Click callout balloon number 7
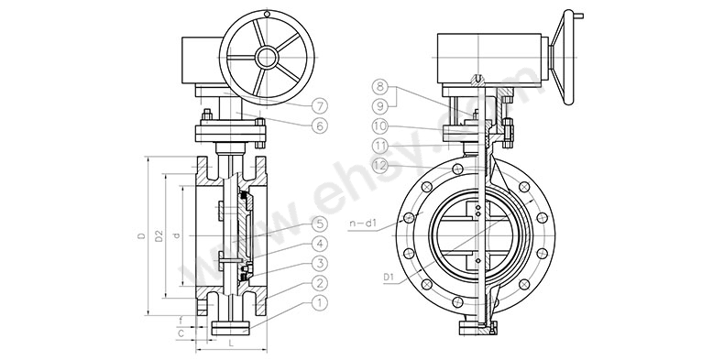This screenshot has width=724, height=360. pos(319,106)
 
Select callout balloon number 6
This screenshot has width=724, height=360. pos(319,125)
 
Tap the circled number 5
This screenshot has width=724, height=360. pos(319,224)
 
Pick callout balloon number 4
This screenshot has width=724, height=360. pos(319,244)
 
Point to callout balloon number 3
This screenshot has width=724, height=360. pos(319,264)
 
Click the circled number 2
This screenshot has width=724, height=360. pos(319,283)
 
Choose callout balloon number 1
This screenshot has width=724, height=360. pos(319,303)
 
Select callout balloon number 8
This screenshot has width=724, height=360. pos(380,87)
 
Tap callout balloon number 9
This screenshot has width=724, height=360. pos(380,106)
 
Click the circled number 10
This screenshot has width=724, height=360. pos(380,126)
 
